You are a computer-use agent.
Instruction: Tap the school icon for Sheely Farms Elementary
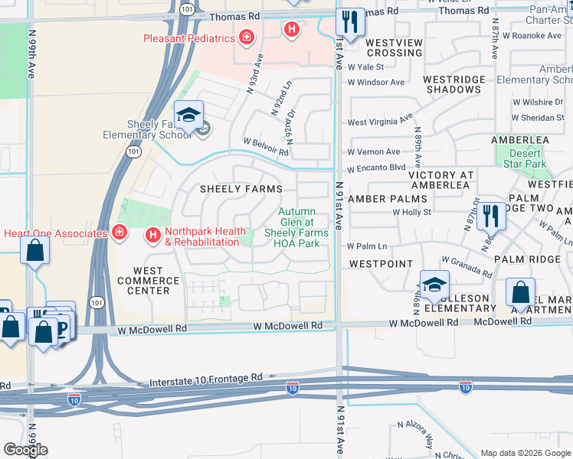pyautogui.click(x=188, y=116)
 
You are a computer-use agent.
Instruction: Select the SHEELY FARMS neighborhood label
pyautogui.click(x=241, y=189)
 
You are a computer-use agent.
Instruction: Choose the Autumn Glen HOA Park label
pyautogui.click(x=296, y=228)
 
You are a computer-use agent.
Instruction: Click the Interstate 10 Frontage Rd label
pyautogui.click(x=206, y=378)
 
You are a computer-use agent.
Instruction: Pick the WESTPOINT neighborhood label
pyautogui.click(x=376, y=263)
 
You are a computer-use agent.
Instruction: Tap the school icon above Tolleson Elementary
pyautogui.click(x=434, y=285)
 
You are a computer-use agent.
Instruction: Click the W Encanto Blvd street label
pyautogui.click(x=375, y=168)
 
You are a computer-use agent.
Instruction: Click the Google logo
pyautogui.click(x=25, y=449)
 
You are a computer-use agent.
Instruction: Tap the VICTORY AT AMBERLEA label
pyautogui.click(x=449, y=180)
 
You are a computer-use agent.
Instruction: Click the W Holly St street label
pyautogui.click(x=412, y=212)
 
